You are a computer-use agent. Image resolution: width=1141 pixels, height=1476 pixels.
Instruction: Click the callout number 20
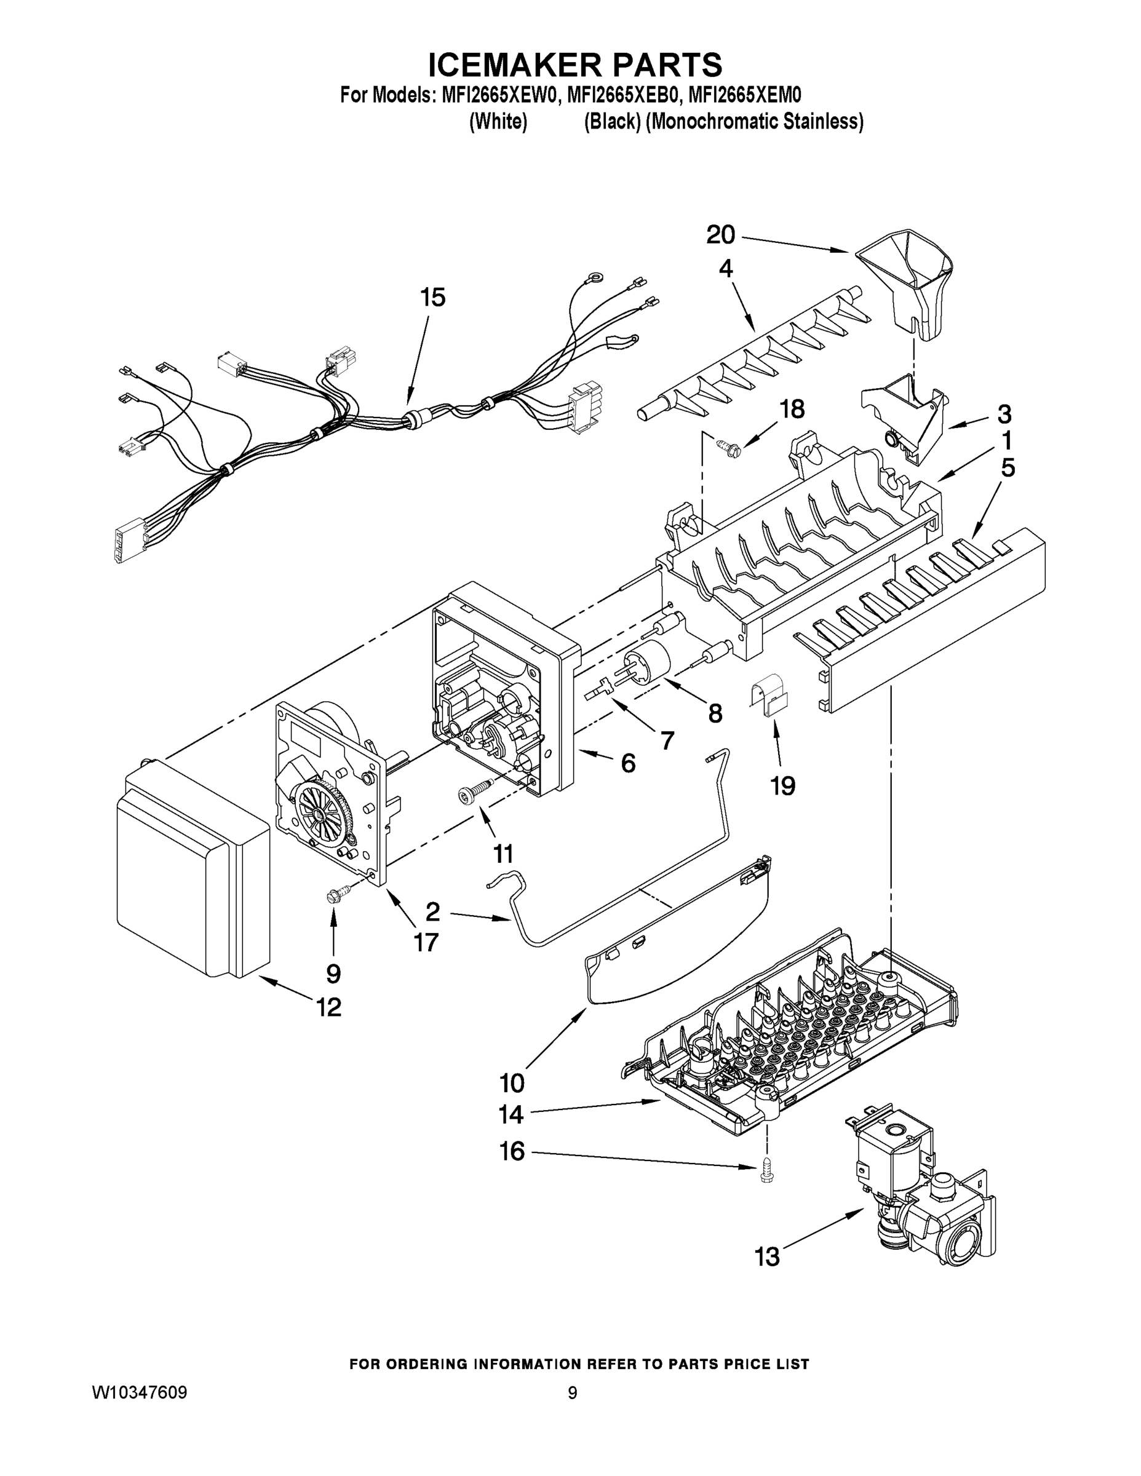point(720,235)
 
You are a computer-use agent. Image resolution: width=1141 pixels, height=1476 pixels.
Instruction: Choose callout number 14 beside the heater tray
point(511,1114)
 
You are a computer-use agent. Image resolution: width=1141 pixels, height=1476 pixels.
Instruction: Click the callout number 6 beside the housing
point(628,764)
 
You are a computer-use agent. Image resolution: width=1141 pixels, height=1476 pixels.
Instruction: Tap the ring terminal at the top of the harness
point(595,276)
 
